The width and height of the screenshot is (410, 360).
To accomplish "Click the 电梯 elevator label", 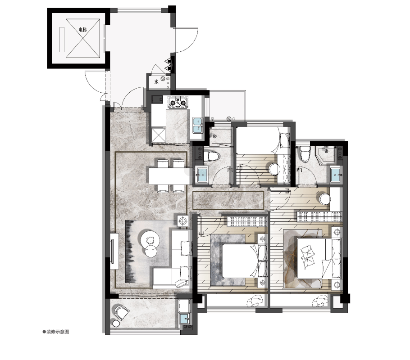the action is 82,30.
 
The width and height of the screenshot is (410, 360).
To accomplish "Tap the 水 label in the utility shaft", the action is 156,82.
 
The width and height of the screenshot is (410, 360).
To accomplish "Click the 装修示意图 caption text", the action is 58,332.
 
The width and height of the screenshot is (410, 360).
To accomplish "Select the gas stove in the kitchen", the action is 178,103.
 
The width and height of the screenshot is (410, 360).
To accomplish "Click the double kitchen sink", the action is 197,125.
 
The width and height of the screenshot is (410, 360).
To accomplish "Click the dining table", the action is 170,176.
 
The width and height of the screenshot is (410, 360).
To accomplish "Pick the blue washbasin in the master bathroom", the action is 336,175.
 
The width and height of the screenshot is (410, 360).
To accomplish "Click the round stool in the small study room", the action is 274,169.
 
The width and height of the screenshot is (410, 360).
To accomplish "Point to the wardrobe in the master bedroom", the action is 320,216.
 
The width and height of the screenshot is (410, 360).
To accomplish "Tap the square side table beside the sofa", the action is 183,221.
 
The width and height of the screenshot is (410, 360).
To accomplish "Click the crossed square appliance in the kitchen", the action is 159,135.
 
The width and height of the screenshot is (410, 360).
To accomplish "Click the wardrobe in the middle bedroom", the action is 247,221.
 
